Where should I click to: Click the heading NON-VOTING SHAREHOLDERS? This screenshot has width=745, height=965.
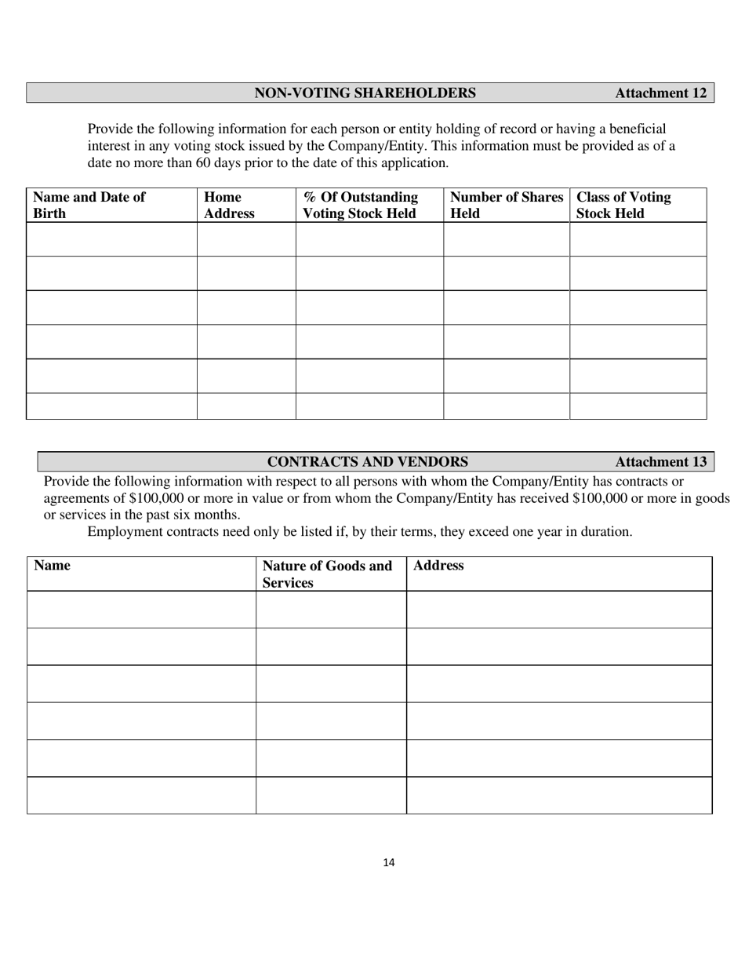365,93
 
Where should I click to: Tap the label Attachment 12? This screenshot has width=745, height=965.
660,93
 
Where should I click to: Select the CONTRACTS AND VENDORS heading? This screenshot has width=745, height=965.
368,461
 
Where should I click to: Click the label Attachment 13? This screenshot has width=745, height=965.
660,461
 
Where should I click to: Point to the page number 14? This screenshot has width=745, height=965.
389,862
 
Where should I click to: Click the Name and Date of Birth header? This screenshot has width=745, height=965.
89,205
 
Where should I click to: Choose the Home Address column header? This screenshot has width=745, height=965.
229,205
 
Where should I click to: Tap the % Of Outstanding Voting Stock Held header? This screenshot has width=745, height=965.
360,205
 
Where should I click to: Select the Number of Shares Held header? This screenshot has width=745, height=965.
506,205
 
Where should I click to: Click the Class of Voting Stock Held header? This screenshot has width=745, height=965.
623,205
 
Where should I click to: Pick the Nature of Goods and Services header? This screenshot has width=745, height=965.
327,574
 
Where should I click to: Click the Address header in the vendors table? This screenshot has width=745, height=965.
438,566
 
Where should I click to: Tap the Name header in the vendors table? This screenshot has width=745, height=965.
52,566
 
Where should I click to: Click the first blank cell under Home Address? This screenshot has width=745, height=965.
246,239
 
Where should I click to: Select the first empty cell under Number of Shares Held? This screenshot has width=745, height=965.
506,239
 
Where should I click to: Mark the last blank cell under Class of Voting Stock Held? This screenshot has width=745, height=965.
638,406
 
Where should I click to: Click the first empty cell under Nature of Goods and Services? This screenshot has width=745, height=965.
331,610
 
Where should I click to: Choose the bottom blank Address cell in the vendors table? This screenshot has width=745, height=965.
558,795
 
